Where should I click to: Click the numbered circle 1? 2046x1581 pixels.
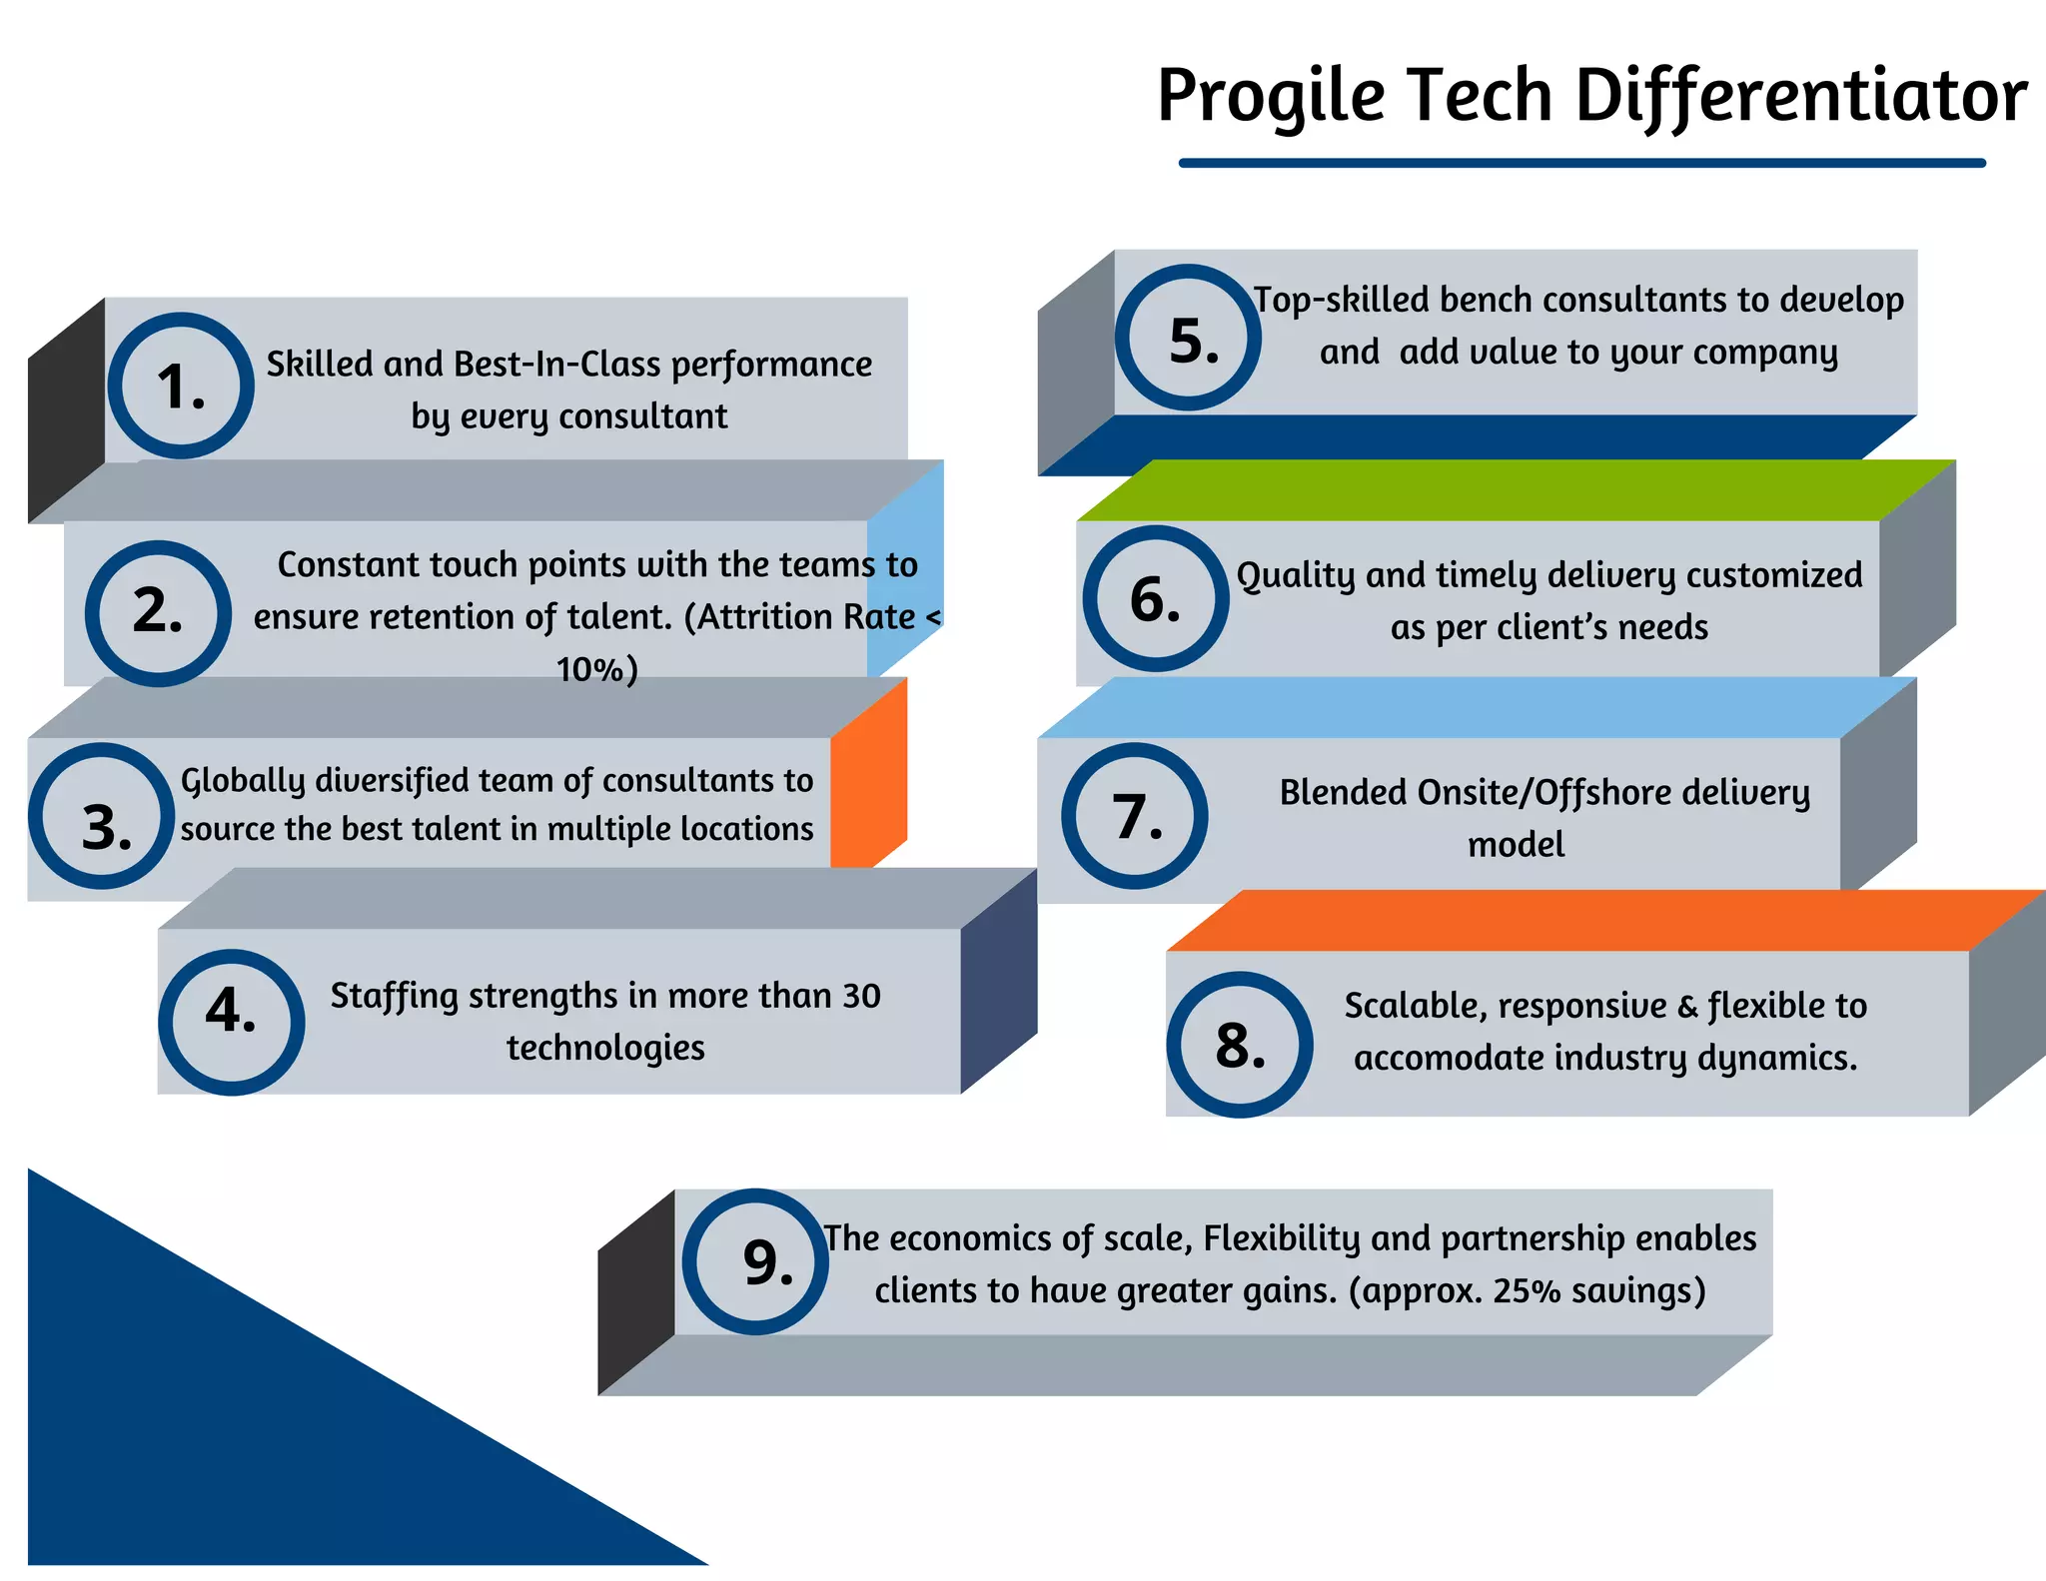(181, 386)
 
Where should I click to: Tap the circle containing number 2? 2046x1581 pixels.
(158, 613)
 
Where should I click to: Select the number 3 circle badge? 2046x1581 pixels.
(102, 816)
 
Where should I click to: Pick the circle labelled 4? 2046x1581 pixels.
(231, 1022)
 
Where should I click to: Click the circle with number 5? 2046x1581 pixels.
(1188, 338)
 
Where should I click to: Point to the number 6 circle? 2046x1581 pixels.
(1156, 598)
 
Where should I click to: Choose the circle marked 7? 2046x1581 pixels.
(1134, 816)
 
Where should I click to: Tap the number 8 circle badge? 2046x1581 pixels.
(1240, 1045)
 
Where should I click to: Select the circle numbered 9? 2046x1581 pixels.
(756, 1261)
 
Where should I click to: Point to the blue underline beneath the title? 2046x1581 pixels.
(1581, 163)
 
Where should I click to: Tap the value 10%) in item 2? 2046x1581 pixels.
(596, 669)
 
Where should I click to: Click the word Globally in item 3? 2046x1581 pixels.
(242, 781)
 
